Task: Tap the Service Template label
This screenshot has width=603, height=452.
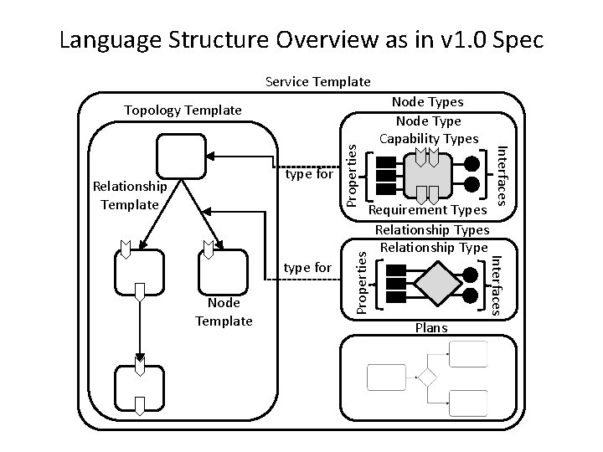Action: pyautogui.click(x=317, y=82)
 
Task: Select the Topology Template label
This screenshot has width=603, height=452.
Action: pyautogui.click(x=183, y=110)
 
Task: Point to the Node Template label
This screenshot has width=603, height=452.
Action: pyautogui.click(x=224, y=312)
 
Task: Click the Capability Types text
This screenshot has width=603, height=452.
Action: pyautogui.click(x=429, y=138)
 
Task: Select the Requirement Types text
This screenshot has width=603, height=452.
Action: pyautogui.click(x=428, y=213)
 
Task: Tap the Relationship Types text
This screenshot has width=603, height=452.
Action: pyautogui.click(x=431, y=229)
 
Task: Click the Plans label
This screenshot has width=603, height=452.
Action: pyautogui.click(x=431, y=328)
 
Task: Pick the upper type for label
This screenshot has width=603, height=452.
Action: pyautogui.click(x=309, y=176)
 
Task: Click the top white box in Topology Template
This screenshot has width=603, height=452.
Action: pyautogui.click(x=181, y=157)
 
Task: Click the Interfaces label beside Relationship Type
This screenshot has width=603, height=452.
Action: pyautogui.click(x=496, y=279)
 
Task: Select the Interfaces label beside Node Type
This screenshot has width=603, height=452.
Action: pyautogui.click(x=502, y=173)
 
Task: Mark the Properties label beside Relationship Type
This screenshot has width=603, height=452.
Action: pyautogui.click(x=360, y=280)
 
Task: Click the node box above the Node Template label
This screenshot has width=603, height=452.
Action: pyautogui.click(x=224, y=270)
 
